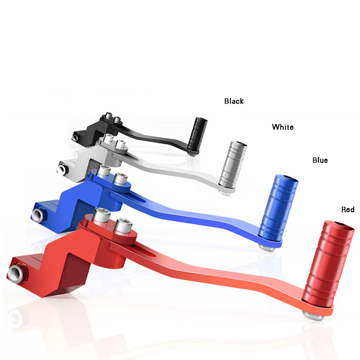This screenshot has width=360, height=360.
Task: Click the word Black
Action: coord(234,101)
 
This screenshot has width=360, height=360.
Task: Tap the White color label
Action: coord(283,127)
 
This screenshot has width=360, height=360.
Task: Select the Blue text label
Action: coord(320,160)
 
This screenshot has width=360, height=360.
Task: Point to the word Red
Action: coord(348,210)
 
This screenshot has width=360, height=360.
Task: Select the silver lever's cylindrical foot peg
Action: coord(233,165)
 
